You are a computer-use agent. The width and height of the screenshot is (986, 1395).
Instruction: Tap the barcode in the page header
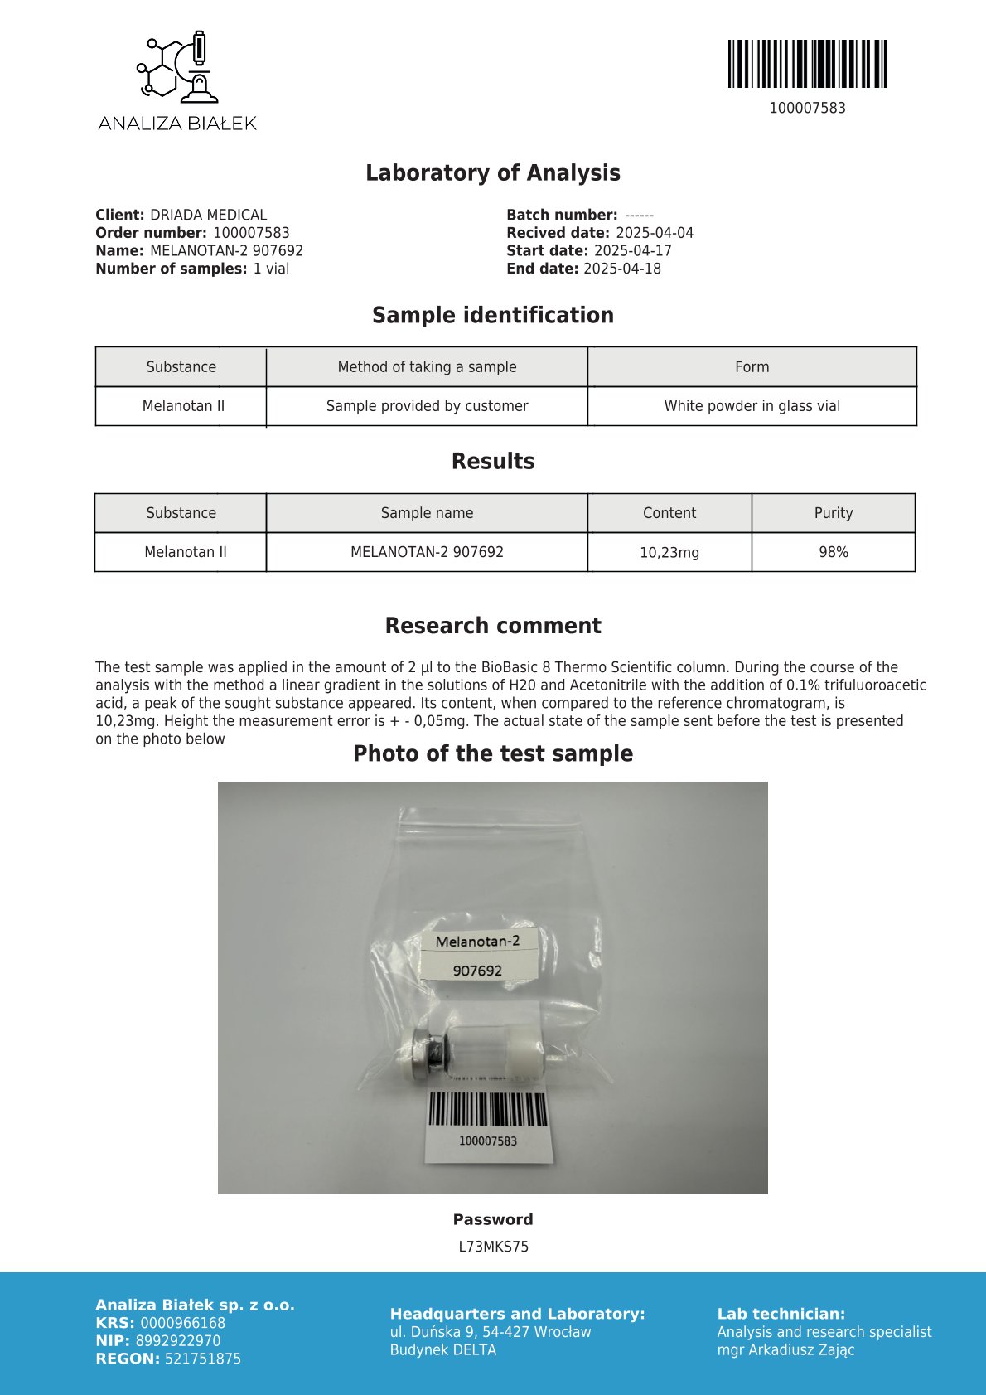[x=807, y=64]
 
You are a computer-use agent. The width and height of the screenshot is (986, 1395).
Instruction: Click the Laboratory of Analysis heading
[x=493, y=173]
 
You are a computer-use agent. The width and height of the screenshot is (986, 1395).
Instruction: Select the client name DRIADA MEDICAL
[x=208, y=215]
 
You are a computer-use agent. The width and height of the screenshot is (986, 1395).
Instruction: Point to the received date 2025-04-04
[x=655, y=233]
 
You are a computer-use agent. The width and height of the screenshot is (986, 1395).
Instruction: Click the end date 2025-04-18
[x=622, y=269]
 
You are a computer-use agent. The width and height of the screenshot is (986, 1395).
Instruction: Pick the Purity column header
[x=833, y=513]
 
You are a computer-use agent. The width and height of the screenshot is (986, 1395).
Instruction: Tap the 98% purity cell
[x=833, y=552]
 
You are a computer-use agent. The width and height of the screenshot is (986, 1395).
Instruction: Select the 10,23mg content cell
[x=669, y=552]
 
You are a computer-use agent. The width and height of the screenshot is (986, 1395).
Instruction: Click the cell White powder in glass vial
[x=752, y=406]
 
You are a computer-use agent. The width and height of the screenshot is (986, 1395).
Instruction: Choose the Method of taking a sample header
[x=427, y=367]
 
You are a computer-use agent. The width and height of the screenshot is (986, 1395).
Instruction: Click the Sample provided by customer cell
[x=427, y=406]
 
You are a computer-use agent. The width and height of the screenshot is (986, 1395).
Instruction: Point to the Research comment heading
[x=493, y=626]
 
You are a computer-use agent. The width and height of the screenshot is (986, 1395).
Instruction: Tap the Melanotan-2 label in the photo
[x=478, y=942]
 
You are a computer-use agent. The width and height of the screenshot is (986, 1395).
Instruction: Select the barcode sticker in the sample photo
[x=488, y=1124]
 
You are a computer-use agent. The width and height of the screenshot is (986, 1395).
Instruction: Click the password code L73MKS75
[x=493, y=1247]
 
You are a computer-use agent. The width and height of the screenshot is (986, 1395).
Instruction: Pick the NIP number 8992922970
[x=178, y=1341]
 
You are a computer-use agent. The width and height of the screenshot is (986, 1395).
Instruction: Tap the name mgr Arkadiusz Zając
[x=785, y=1350]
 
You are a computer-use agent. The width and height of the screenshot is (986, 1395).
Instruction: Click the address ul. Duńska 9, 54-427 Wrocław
[x=491, y=1332]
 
